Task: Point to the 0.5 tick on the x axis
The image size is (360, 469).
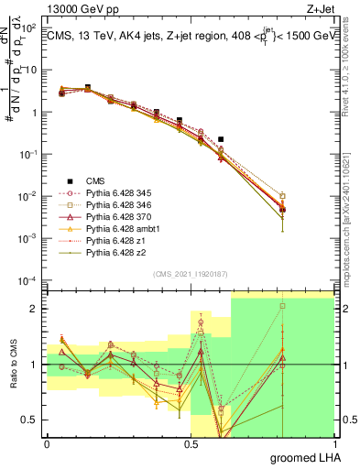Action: click(191, 443)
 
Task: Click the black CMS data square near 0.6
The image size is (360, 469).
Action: click(221, 139)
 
